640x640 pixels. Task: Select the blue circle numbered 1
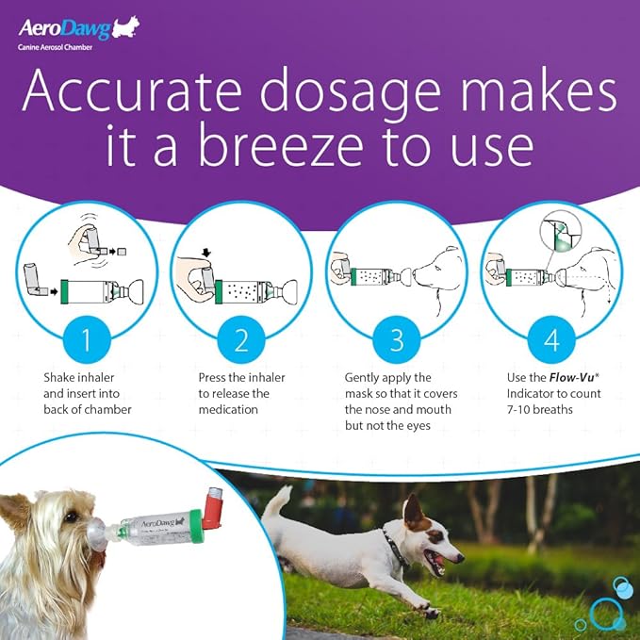[x=87, y=338]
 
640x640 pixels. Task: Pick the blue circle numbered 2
[x=241, y=338]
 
